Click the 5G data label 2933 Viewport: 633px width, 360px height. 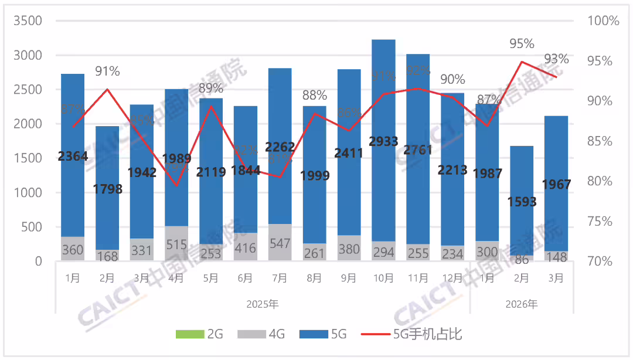384,141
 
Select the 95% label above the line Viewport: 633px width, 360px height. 522,44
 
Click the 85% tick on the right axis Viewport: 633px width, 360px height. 599,141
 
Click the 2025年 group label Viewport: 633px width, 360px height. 263,304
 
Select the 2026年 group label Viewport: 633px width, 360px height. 522,304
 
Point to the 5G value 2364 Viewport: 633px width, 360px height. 73,155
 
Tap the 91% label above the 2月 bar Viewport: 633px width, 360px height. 107,72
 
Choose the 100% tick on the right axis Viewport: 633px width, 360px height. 603,21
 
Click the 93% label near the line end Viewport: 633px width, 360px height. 556,59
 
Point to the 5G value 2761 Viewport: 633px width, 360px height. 418,150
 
